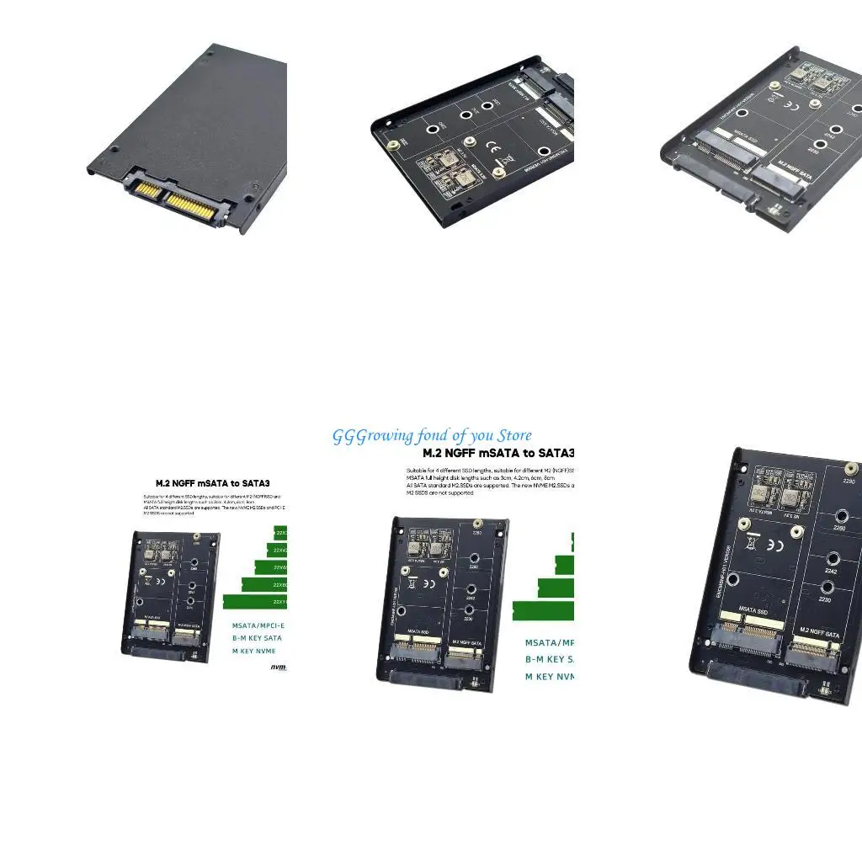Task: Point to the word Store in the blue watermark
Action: click(513, 435)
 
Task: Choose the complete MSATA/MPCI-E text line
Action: click(258, 625)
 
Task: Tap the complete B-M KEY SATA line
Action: click(257, 638)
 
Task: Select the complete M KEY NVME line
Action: click(254, 651)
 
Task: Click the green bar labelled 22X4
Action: click(277, 550)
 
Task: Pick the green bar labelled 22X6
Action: click(270, 568)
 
